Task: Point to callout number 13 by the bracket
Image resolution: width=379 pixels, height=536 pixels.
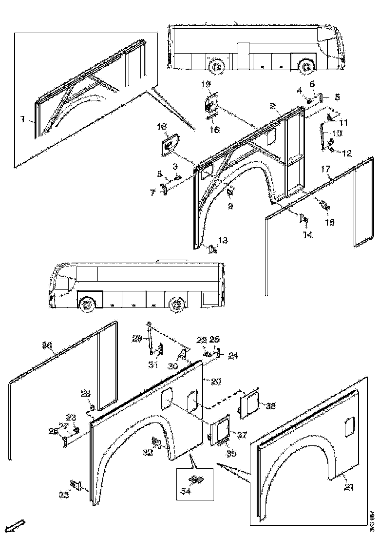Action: point(223,240)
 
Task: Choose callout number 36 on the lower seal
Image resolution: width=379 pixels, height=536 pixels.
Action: point(47,345)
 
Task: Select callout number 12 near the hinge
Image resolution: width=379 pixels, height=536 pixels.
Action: point(346,153)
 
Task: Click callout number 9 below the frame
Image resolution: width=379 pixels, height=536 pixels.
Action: point(230,206)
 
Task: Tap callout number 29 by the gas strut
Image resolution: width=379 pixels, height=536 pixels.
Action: point(137,339)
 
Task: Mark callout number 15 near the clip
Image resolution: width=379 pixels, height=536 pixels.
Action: point(330,222)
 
